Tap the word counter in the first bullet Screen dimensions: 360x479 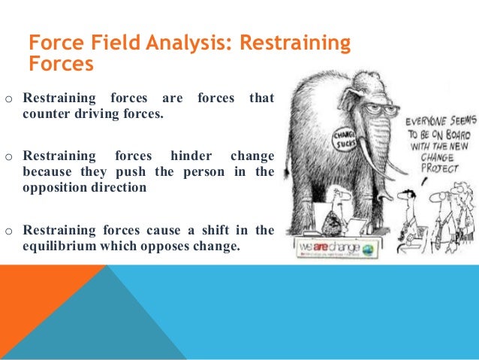(47, 116)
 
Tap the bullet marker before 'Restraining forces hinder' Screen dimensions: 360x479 (8, 157)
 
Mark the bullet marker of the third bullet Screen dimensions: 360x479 (8, 230)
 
